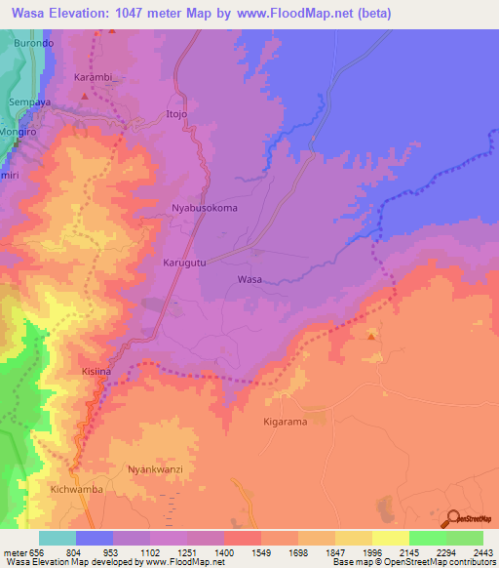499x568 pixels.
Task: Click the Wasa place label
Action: (x=249, y=279)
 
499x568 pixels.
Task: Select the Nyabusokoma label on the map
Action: (x=205, y=208)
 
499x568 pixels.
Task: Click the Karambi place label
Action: (x=94, y=76)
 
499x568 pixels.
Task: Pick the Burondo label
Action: (x=34, y=45)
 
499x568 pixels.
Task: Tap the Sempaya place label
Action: (x=29, y=101)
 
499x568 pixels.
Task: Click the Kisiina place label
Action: (x=96, y=373)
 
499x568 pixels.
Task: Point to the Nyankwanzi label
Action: (x=156, y=469)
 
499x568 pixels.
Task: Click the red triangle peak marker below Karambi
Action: (x=85, y=97)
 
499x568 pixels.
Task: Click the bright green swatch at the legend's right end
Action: (x=464, y=538)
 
